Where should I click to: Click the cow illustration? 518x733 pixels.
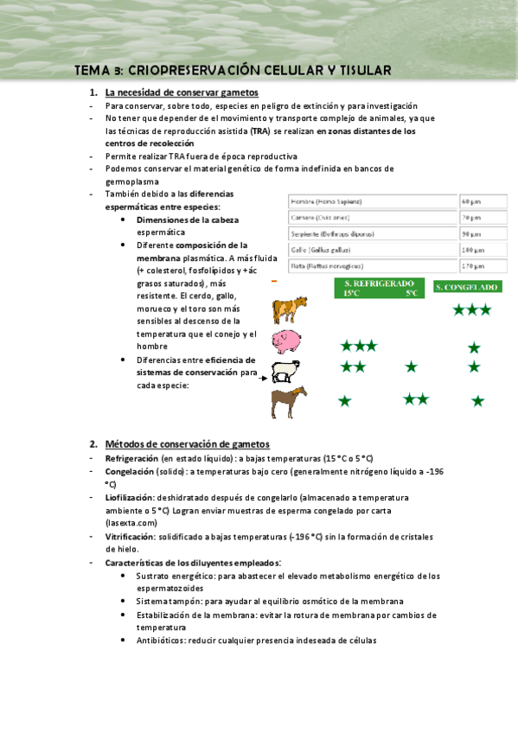tap(290, 309)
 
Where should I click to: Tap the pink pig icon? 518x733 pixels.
tap(288, 341)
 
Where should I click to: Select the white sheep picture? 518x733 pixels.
tap(287, 372)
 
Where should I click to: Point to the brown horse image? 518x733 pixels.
tap(288, 403)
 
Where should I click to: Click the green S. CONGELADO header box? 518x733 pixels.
tap(467, 287)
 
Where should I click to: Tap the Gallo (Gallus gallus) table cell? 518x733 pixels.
tap(372, 249)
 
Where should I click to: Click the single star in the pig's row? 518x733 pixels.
tap(474, 347)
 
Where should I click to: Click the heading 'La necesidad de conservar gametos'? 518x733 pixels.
tap(181, 92)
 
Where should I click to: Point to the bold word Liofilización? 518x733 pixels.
tap(130, 498)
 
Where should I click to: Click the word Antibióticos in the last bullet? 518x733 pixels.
tap(163, 641)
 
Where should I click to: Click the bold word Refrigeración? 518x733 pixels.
tap(132, 457)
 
